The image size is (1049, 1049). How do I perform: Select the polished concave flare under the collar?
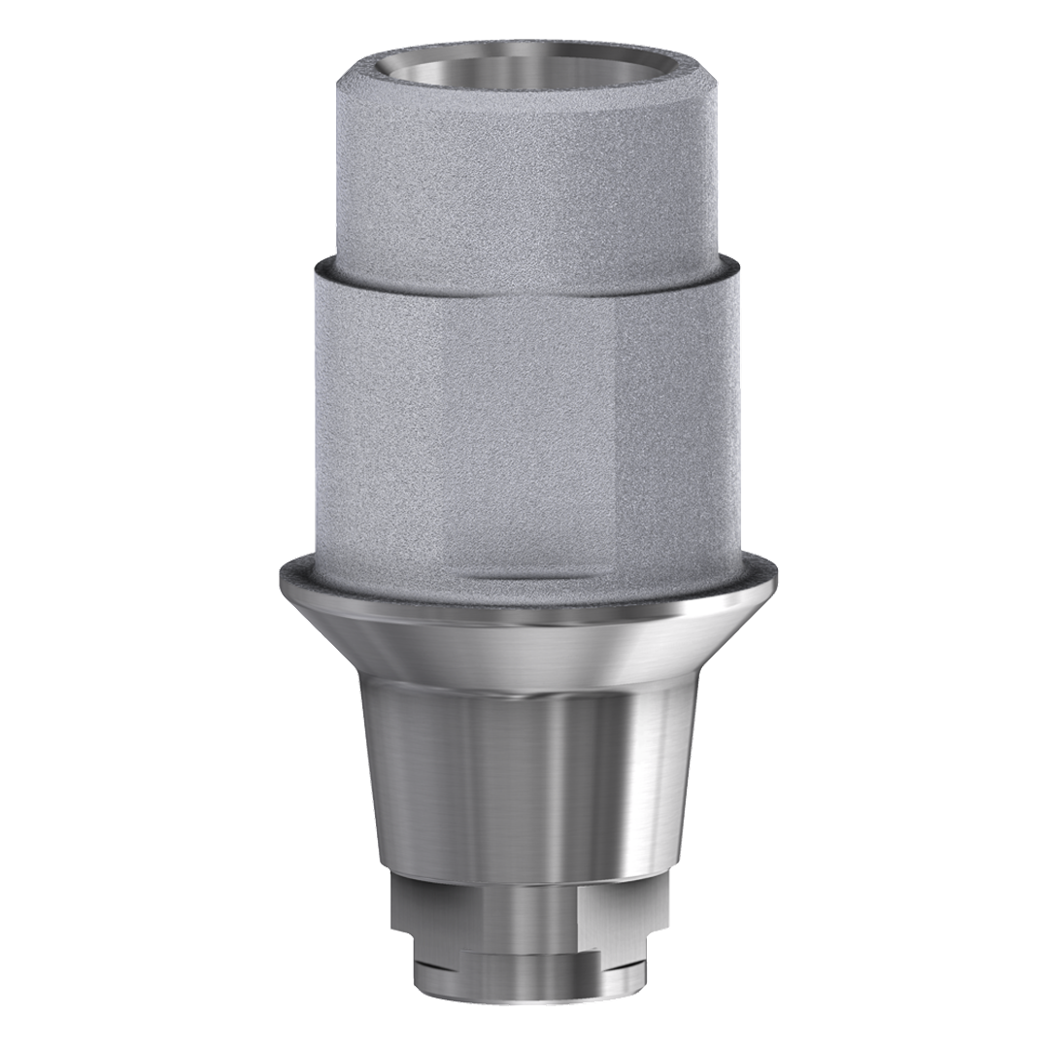pyautogui.click(x=524, y=641)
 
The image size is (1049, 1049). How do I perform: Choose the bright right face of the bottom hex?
pyautogui.click(x=622, y=908)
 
